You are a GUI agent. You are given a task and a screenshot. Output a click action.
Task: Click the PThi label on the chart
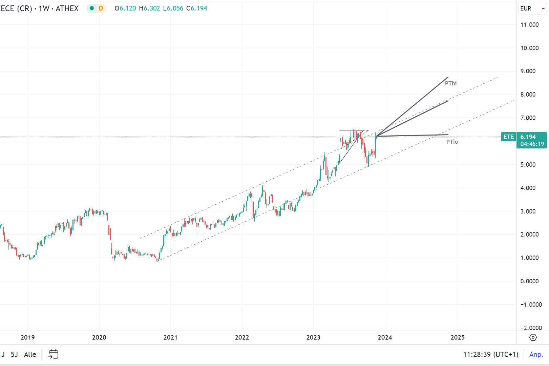[x=451, y=83]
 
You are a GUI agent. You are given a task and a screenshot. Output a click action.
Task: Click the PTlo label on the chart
[x=452, y=142]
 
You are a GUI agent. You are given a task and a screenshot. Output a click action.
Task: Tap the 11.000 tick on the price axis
[x=529, y=25]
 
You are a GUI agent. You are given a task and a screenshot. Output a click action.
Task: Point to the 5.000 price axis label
[x=528, y=165]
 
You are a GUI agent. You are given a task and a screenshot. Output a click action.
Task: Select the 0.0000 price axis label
[x=529, y=281]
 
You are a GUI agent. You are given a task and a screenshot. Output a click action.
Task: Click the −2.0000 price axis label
[x=531, y=328]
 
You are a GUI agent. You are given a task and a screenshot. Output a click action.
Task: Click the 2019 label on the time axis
[x=28, y=337]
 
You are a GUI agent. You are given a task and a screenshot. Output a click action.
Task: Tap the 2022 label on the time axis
[x=242, y=337]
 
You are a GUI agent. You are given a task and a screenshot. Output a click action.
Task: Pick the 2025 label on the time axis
[x=458, y=337]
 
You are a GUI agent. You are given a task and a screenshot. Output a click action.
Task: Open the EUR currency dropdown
[x=532, y=8]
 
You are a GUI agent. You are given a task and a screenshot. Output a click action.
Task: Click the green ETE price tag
[x=508, y=137]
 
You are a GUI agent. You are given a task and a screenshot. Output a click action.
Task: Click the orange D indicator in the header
[x=101, y=8]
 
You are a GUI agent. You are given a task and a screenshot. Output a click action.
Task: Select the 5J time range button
[x=14, y=354]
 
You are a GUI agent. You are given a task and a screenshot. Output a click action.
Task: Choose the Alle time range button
[x=30, y=354]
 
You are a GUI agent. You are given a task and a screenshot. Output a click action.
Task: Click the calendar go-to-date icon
[x=53, y=354]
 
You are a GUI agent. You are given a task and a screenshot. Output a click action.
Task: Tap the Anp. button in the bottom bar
[x=536, y=354]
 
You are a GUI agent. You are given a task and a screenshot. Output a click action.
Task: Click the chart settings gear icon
[x=533, y=337]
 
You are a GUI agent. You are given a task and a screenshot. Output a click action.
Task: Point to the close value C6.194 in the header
[x=197, y=8]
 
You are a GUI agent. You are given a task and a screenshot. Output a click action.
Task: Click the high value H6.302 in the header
[x=149, y=8]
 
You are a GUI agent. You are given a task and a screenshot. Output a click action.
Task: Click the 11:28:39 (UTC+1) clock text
[x=491, y=354]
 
